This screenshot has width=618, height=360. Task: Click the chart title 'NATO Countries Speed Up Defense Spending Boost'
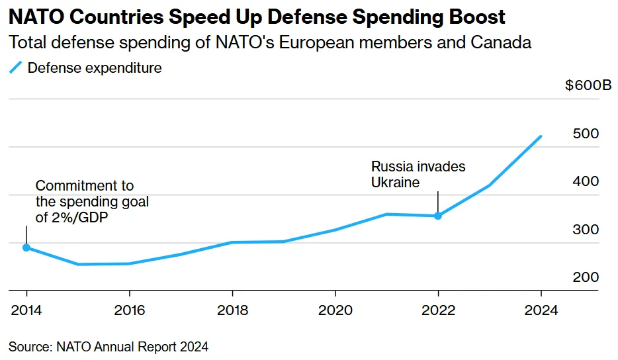[256, 17]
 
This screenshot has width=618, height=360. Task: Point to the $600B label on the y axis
[588, 86]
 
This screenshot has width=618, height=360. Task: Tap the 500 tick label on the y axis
[586, 134]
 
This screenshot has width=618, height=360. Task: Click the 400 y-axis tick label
[586, 181]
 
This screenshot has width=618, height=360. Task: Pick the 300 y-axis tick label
[586, 230]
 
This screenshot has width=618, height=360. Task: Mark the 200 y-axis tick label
[586, 277]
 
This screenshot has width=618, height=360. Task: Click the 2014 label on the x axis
[26, 310]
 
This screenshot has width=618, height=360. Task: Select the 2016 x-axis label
[130, 310]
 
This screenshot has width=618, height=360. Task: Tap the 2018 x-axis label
[232, 310]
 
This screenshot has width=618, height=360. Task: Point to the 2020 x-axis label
[335, 310]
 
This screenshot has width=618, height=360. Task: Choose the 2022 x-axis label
[438, 310]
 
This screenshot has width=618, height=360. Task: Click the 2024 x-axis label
[541, 310]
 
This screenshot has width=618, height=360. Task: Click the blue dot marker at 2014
[26, 247]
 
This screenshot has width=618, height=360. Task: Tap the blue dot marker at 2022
[438, 216]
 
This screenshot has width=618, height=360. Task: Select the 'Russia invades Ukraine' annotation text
[418, 174]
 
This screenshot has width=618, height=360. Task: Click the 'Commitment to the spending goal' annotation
[92, 202]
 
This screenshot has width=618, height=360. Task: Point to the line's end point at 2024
[541, 137]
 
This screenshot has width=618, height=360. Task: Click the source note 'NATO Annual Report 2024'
[109, 346]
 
